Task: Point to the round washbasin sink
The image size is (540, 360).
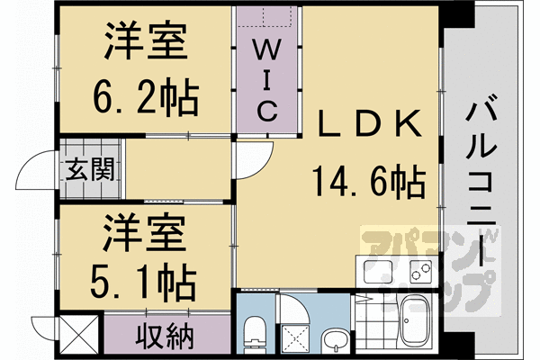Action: tap(336, 341)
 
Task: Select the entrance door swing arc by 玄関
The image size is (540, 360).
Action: tap(40, 168)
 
